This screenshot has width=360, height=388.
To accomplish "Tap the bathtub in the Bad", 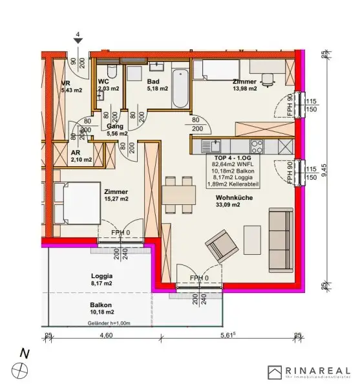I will click(x=180, y=90).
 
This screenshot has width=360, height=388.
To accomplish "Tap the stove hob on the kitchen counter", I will click(x=256, y=145).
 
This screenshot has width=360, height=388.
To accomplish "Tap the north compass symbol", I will click(x=24, y=369).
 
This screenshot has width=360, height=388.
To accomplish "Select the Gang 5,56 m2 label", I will click(x=116, y=130).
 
